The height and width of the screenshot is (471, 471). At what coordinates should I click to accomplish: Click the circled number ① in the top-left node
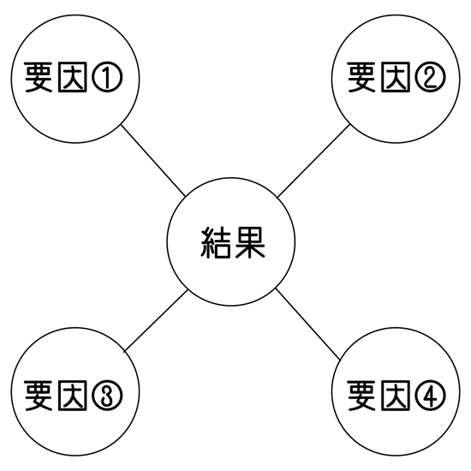tap(107, 77)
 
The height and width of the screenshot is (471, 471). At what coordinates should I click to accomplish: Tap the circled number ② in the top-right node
tap(430, 77)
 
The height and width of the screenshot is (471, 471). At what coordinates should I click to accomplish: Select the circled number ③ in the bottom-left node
tap(107, 396)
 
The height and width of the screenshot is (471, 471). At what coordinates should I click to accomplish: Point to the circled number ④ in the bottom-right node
tap(430, 396)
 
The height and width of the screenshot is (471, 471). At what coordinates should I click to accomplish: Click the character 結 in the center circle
tap(215, 242)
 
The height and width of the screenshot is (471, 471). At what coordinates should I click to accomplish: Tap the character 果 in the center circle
tap(250, 242)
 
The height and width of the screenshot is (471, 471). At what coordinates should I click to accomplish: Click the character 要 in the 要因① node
tap(39, 77)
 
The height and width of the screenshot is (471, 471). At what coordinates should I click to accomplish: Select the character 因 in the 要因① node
tap(73, 77)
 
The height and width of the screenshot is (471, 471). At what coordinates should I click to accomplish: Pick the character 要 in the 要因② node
tap(362, 77)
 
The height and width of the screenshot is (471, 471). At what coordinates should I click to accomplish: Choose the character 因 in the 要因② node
tap(396, 77)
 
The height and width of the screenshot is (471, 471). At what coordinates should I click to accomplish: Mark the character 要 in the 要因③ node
tap(39, 396)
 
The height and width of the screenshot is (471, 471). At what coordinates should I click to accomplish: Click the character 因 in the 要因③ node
tap(73, 396)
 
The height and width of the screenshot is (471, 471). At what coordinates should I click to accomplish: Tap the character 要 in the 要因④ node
tap(362, 396)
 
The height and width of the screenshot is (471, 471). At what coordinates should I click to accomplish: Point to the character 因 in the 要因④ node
tap(396, 396)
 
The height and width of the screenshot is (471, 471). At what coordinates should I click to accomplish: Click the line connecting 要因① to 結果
tap(153, 160)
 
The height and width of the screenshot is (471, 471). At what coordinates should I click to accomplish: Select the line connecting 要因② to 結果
tap(313, 161)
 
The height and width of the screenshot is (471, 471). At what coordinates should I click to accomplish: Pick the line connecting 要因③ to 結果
tap(156, 320)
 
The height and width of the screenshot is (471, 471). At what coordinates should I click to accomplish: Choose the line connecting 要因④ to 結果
tap(308, 324)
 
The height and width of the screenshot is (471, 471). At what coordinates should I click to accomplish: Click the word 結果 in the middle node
tap(233, 242)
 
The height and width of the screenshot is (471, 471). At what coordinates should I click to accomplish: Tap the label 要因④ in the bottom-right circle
tap(396, 396)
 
